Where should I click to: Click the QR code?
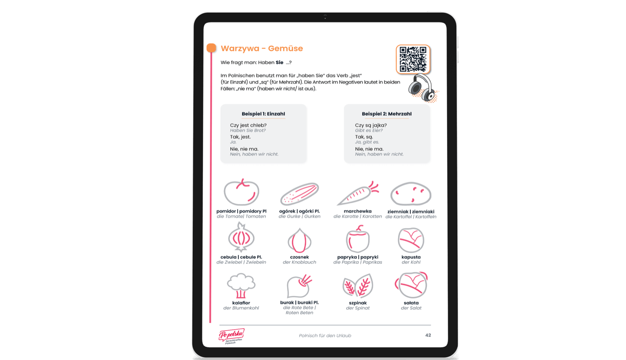click(413, 59)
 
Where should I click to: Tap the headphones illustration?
click(422, 88)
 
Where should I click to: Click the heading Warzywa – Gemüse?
click(262, 48)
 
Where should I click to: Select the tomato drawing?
click(242, 192)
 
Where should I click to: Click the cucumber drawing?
click(300, 194)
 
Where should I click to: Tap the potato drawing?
click(411, 194)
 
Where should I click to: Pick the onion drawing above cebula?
click(241, 238)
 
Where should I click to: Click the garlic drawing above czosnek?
click(299, 241)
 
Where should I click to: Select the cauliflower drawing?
click(241, 286)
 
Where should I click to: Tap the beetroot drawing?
click(299, 286)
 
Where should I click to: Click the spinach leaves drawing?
click(358, 286)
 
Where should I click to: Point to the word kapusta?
click(411, 257)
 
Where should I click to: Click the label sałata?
click(411, 303)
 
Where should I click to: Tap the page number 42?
click(428, 335)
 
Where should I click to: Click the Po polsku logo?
click(232, 336)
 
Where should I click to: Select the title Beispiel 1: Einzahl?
click(263, 114)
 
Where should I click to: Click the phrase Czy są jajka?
click(371, 125)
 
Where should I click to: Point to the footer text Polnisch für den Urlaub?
click(325, 336)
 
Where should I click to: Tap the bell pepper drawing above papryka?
click(358, 239)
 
